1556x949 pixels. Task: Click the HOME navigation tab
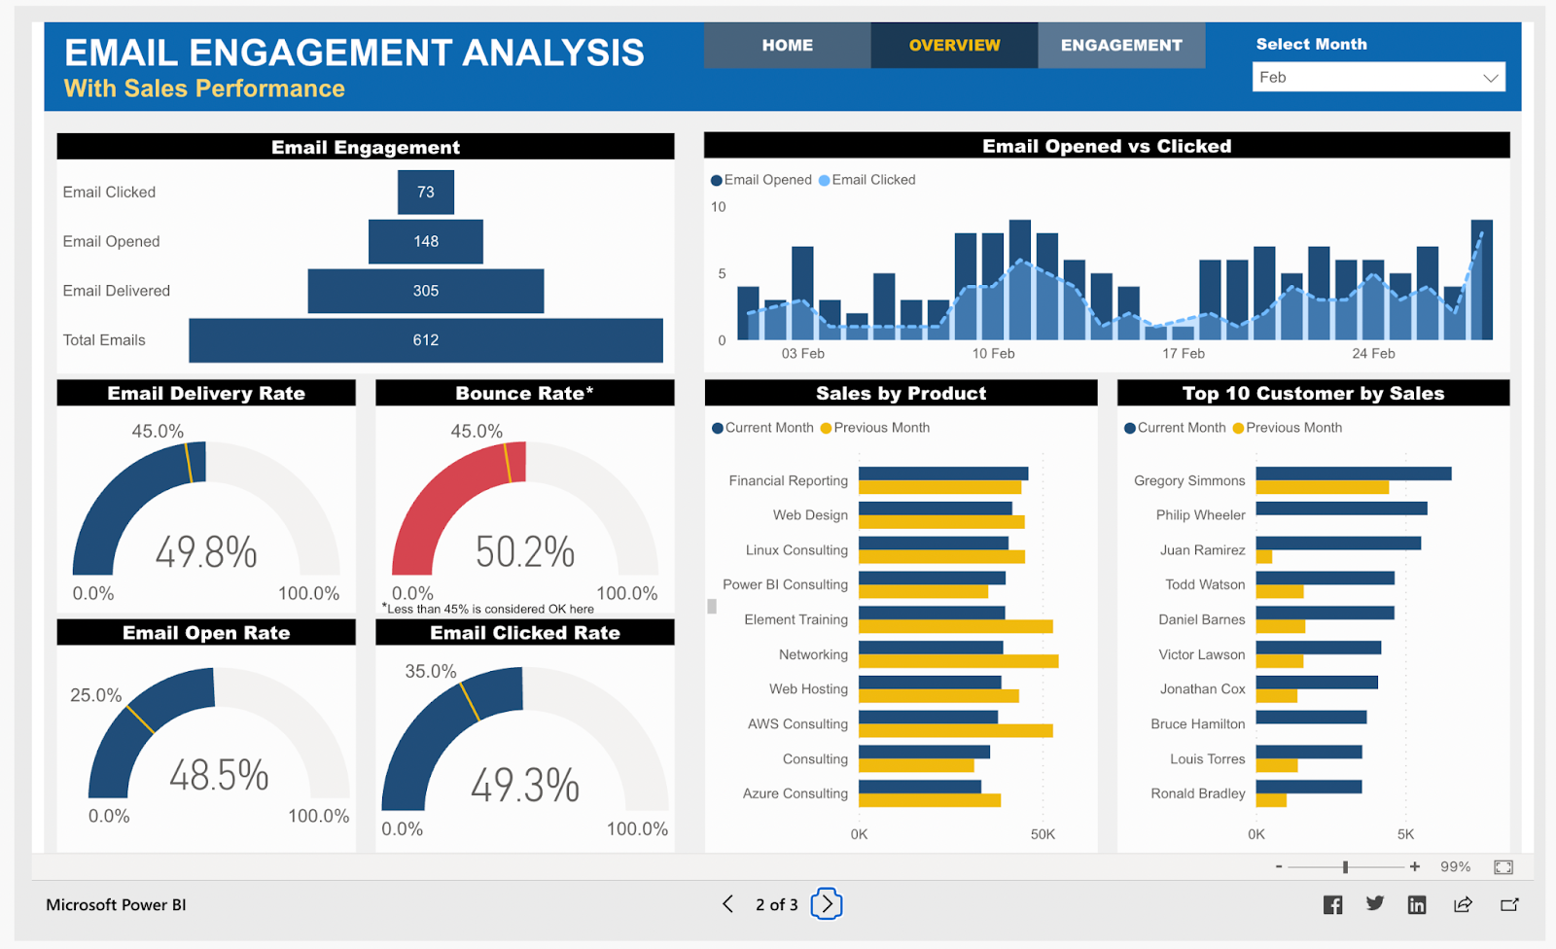787,46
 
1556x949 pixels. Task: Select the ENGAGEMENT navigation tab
1121,46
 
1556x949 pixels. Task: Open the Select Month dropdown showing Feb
1378,78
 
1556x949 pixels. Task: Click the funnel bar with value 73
426,193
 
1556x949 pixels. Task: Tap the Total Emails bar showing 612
426,340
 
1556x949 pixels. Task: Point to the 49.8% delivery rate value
206,552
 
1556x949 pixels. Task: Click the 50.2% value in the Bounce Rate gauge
525,552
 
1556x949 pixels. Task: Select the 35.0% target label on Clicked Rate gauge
431,672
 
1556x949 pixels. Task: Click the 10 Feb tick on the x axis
993,354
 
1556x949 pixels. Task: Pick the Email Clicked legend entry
872,180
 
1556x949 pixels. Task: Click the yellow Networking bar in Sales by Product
958,661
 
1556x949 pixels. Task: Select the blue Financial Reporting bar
942,474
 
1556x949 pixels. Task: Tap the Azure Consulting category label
796,793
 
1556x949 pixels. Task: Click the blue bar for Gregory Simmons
1353,474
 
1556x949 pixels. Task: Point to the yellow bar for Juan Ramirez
1264,557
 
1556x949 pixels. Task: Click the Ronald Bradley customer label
1197,793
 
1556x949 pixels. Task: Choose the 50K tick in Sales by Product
1043,834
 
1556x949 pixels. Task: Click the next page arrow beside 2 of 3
827,904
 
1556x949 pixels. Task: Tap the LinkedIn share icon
1417,905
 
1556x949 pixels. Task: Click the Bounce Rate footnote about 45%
489,609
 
